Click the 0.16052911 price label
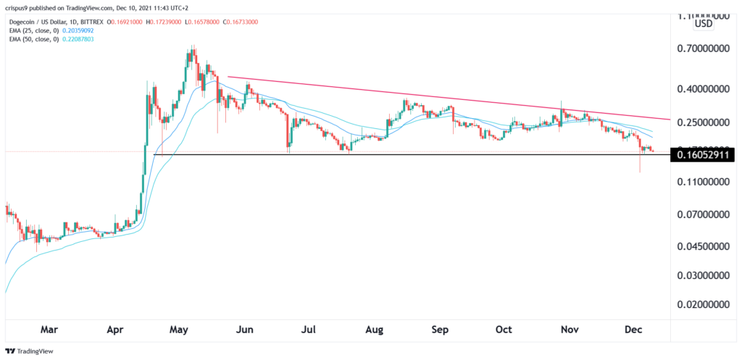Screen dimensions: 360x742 701,155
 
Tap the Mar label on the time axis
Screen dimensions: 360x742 49,330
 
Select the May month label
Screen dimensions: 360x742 179,330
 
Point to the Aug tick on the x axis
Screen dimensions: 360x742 374,330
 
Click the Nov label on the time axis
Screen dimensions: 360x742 569,330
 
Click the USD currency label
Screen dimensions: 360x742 704,24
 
